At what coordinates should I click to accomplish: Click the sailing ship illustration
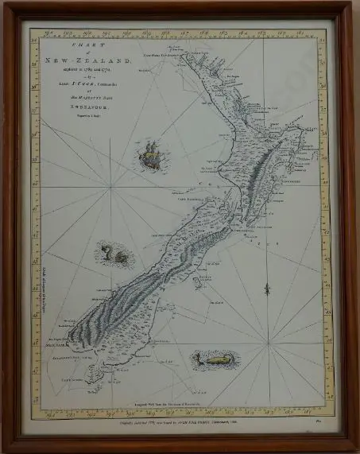tap(149, 157)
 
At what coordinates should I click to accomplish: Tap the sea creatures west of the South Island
tap(115, 254)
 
